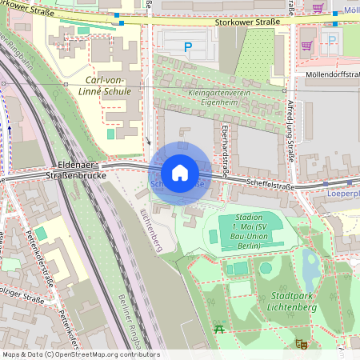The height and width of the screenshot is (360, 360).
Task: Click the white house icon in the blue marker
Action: click(180, 173)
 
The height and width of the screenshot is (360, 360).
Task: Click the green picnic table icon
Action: click(218, 328)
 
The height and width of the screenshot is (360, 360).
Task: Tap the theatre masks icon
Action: click(301, 344)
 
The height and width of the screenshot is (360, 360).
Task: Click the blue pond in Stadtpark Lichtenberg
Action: click(310, 268)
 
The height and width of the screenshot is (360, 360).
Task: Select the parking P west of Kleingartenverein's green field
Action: click(188, 48)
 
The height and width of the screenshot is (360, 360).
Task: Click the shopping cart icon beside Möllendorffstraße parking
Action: click(306, 46)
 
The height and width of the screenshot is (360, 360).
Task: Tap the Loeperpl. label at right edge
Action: click(344, 194)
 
